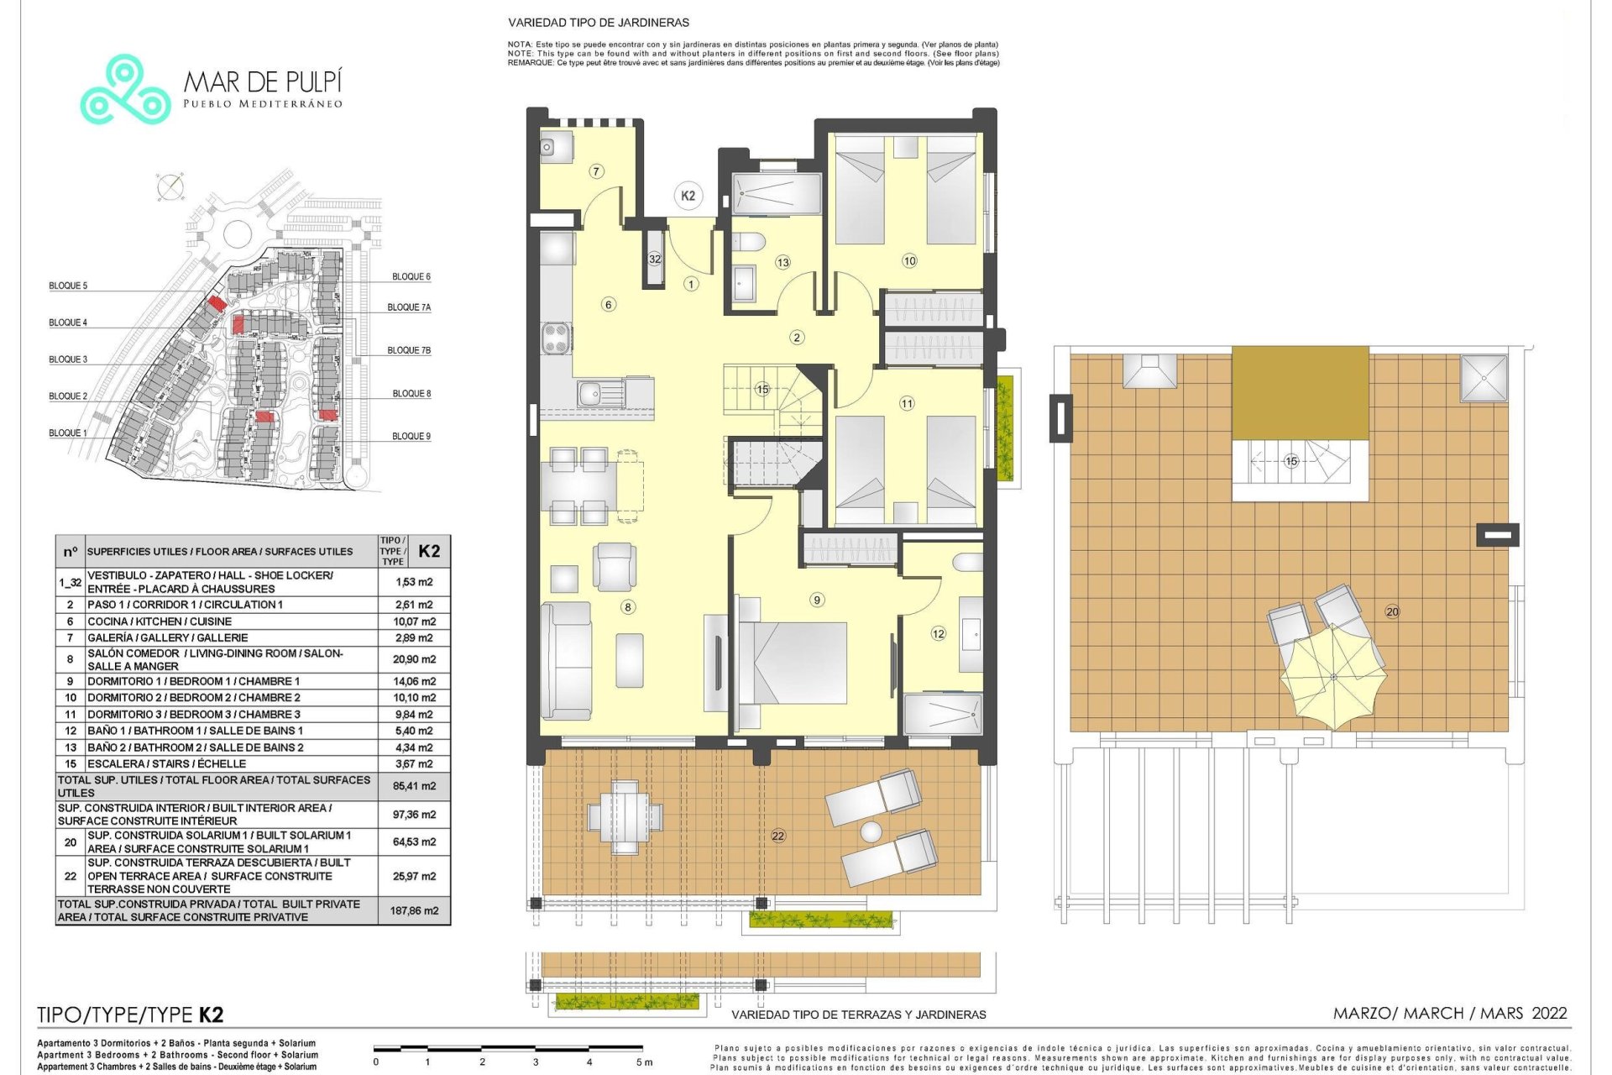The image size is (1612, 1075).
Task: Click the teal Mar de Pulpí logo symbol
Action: coord(125,90)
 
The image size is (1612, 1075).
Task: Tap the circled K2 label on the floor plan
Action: coord(688,196)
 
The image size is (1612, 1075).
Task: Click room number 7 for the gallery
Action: coord(596,171)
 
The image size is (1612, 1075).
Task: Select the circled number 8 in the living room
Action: coord(627,606)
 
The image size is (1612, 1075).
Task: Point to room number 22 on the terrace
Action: coord(778,836)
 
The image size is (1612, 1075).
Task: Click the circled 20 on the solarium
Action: coord(1392,611)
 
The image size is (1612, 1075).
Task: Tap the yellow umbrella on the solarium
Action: coord(1333,677)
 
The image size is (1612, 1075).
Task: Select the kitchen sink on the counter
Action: coord(599,392)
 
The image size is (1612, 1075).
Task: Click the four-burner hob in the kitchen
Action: coord(557,338)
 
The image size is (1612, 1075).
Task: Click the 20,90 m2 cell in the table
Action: coord(414,659)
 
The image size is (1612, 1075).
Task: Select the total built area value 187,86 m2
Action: coord(414,910)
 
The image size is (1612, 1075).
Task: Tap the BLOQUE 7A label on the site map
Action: coord(409,307)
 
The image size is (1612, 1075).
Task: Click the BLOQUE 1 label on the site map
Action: coord(67,433)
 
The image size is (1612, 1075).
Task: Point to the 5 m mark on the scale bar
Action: coord(643,1062)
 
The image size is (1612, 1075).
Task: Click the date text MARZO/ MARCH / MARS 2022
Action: coord(1450,1013)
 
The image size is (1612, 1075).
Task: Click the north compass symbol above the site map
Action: coord(171,187)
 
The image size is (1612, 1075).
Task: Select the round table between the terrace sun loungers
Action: coord(871,831)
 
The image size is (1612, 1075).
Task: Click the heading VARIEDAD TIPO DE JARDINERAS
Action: coord(599,23)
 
